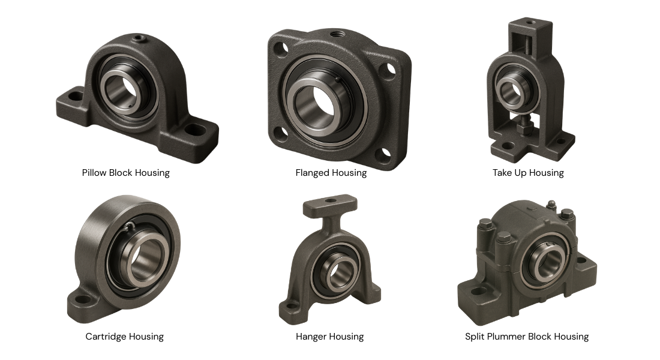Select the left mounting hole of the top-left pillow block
75,94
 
